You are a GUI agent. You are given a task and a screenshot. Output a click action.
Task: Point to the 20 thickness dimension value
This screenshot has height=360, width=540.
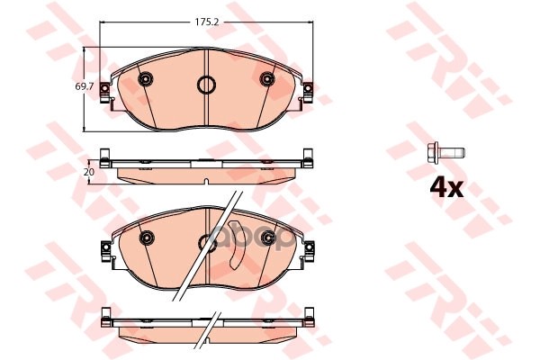point(89,169)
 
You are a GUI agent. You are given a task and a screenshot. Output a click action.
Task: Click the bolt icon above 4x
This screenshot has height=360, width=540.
point(444,149)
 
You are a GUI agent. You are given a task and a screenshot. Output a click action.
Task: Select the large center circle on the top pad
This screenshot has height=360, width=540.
point(206,87)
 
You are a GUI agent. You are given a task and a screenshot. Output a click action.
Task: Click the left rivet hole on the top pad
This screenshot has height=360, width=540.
point(146,80)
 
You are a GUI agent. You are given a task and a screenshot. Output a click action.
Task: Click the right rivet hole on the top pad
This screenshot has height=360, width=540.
point(266,80)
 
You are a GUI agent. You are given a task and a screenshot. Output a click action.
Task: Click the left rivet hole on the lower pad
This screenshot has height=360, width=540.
point(146,238)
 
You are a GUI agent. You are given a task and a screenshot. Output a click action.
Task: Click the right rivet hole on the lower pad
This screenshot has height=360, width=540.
point(266,238)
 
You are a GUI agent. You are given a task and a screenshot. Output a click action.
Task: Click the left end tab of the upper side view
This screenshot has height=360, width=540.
point(105,161)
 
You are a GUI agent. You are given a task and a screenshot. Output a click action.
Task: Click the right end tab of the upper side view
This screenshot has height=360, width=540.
point(308,161)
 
